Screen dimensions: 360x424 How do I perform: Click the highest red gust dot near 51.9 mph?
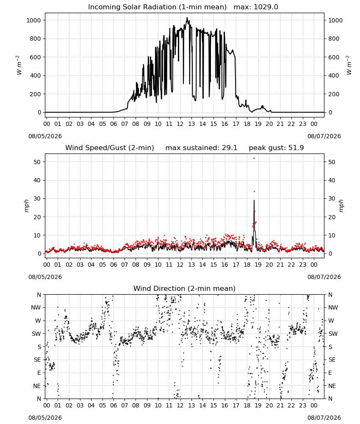point(254,158)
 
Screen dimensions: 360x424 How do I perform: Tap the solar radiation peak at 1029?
point(187,17)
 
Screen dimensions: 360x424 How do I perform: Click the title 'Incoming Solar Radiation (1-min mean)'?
point(157,7)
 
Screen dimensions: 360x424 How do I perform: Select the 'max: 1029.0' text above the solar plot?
point(256,7)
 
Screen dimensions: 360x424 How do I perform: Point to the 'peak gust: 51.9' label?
point(276,148)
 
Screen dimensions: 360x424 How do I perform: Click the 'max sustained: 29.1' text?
point(201,148)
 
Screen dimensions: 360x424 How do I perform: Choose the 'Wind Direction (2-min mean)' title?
point(185,288)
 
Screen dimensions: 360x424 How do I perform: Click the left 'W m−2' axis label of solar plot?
point(19,65)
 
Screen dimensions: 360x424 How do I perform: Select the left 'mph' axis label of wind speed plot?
point(26,206)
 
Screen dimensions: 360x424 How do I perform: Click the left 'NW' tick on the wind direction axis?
point(36,308)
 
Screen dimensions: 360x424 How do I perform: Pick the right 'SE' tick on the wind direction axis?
point(332,360)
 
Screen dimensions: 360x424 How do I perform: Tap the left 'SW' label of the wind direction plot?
point(36,334)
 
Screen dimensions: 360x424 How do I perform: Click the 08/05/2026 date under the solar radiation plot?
point(45,136)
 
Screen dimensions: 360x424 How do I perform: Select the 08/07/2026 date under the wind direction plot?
point(324,418)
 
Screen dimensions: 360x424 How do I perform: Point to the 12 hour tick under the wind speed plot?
point(180,265)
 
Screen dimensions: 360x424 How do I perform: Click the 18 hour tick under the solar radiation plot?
point(247,124)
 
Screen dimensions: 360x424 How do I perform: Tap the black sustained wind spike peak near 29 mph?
point(254,201)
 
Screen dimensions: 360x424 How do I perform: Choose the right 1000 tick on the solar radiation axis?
point(335,20)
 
